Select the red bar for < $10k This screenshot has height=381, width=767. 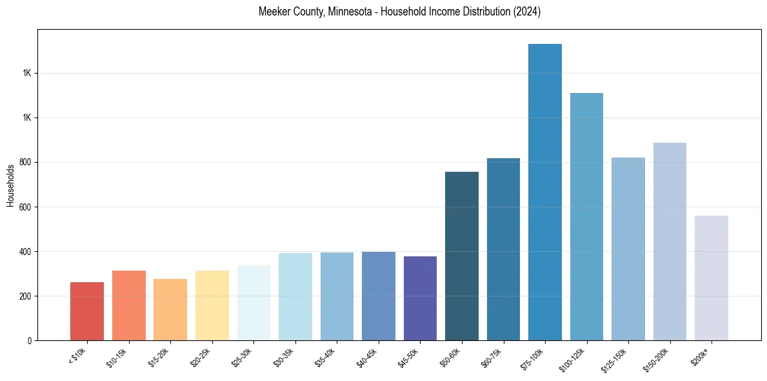(x=87, y=311)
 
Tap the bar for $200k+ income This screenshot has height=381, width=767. (x=712, y=278)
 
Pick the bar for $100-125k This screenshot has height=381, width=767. (x=586, y=216)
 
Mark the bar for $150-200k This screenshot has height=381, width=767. (x=670, y=242)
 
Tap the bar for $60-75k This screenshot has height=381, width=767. (x=503, y=249)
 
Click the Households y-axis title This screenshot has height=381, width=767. (x=11, y=185)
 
